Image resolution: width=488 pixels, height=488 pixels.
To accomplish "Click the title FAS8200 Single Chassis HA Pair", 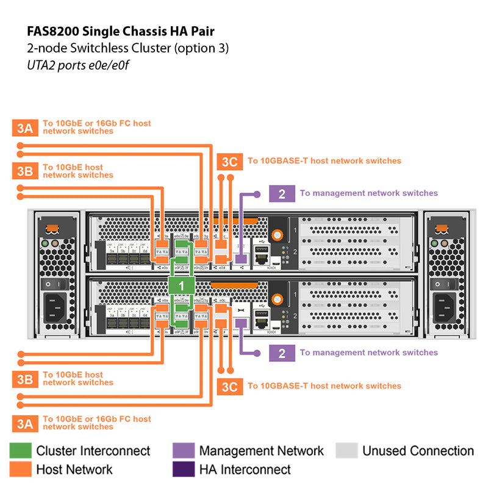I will tap(121, 30).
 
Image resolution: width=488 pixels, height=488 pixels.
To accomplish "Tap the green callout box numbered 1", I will tap(181, 284).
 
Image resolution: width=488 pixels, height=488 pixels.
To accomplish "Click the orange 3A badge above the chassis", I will tap(24, 127).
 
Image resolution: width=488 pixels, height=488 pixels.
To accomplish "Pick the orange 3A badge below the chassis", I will tap(24, 423).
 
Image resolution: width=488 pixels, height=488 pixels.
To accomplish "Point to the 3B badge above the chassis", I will tap(24, 171).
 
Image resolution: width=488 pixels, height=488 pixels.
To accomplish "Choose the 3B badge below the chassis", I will tap(24, 379).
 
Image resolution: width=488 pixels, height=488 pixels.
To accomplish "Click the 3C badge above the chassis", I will tap(229, 162).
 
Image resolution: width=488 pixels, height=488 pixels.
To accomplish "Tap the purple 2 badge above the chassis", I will tap(281, 193).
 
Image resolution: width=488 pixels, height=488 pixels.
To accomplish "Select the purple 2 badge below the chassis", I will tap(281, 353).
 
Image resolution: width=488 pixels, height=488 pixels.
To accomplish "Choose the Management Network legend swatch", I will tap(183, 451).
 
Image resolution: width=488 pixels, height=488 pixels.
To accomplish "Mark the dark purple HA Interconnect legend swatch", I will tap(183, 469).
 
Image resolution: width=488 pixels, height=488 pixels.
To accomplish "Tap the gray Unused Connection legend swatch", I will tap(346, 451).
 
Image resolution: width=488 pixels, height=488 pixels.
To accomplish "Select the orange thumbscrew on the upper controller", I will tap(278, 234).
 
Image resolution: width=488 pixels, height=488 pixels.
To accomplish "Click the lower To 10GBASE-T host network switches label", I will tap(324, 386).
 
